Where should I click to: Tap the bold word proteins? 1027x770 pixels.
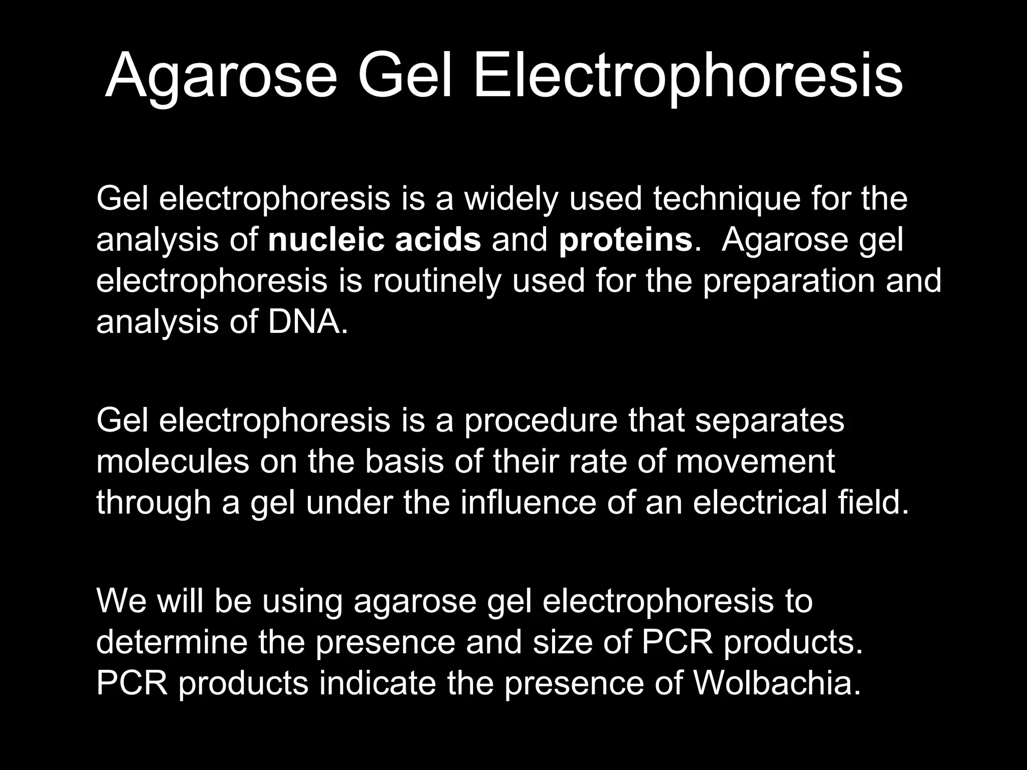coord(626,241)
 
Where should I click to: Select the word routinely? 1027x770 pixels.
coord(437,281)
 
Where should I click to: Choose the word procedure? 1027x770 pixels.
coord(541,421)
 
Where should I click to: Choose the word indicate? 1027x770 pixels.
coord(377,683)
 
